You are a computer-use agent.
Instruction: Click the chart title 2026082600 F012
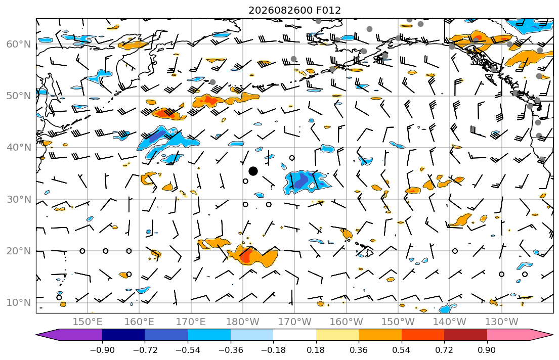click(294, 10)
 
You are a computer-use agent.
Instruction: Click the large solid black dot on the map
click(253, 171)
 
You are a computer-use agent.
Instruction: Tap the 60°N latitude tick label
click(19, 44)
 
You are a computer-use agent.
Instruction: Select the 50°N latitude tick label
click(19, 96)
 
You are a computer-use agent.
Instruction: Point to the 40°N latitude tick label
click(19, 148)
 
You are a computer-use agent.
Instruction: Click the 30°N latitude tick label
click(19, 199)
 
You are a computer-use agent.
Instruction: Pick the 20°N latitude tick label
click(19, 251)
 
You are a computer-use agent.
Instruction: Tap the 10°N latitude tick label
click(19, 303)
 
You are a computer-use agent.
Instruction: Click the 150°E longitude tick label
click(88, 322)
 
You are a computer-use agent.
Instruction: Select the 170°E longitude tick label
click(191, 322)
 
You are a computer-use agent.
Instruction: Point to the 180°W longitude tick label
click(243, 322)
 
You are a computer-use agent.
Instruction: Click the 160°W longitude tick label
click(346, 322)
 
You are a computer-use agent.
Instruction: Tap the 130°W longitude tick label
click(502, 322)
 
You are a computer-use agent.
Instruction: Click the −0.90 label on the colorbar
click(102, 350)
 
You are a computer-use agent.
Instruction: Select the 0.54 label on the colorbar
click(402, 350)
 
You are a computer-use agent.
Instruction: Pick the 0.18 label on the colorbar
click(316, 350)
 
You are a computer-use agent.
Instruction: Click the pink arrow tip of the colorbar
click(552, 335)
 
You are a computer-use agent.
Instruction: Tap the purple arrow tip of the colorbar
click(37, 335)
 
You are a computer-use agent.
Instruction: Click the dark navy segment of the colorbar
click(123, 335)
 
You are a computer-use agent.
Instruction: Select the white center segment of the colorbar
click(294, 335)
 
